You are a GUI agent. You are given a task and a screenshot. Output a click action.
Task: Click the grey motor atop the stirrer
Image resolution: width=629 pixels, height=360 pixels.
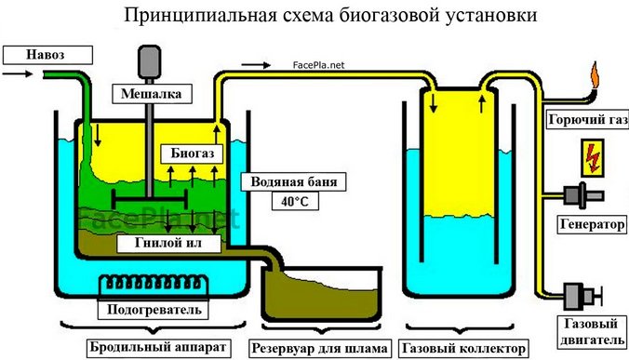point(149,62)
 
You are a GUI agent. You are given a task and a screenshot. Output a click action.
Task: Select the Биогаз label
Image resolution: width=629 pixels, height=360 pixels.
point(192,151)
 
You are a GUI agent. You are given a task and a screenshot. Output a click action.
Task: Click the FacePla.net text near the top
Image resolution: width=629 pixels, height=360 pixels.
point(317,66)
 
